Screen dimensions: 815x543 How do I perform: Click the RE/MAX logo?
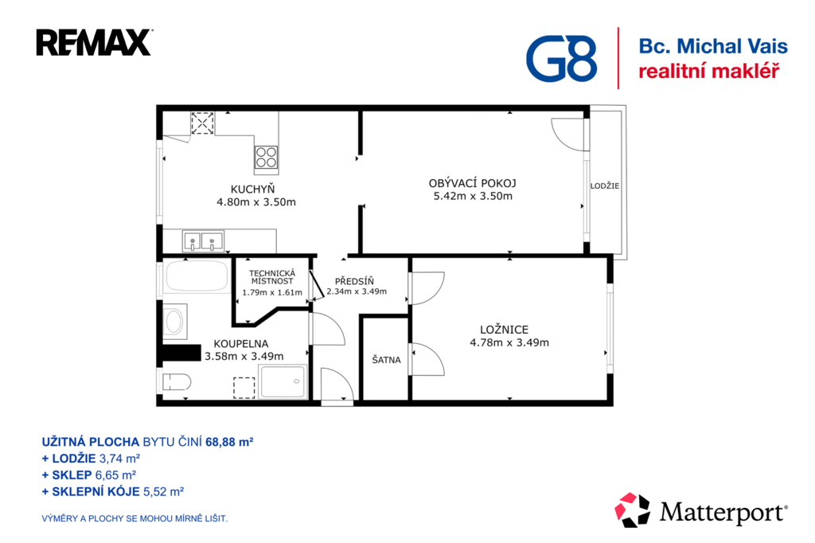94,43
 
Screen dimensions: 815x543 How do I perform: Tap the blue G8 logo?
561,59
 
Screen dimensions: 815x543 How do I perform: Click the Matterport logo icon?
632,510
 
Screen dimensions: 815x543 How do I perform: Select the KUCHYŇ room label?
252,189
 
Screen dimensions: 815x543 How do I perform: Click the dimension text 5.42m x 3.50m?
473,196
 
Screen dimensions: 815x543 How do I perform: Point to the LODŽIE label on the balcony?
605,186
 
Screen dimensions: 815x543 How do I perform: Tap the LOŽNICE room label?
504,330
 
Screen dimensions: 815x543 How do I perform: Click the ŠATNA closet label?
386,359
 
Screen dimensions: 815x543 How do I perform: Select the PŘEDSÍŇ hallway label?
354,281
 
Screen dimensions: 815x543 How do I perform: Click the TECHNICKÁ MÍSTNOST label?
272,277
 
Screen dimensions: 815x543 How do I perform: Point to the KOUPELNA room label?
241,344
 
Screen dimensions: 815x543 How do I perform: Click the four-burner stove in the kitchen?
266,157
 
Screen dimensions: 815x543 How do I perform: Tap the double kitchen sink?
203,241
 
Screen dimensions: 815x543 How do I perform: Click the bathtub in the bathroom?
197,276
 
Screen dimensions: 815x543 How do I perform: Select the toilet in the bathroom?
176,381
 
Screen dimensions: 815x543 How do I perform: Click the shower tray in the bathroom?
283,381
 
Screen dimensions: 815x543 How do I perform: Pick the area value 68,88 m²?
229,442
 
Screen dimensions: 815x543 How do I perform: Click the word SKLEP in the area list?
72,475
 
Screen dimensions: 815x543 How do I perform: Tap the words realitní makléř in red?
709,71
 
